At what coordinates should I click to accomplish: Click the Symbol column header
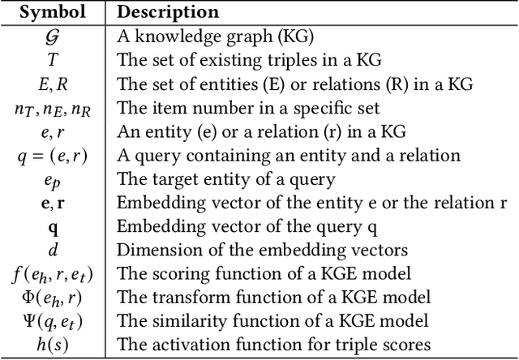(x=53, y=13)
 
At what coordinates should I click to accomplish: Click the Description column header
(x=168, y=13)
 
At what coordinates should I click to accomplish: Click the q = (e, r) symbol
(x=54, y=156)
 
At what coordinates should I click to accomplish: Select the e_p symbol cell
(x=54, y=179)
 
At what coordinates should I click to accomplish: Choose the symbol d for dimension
(x=54, y=247)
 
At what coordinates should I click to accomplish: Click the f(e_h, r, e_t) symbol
(x=54, y=272)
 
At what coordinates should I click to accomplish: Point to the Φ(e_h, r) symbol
(x=54, y=295)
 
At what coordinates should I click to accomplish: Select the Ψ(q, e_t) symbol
(x=54, y=319)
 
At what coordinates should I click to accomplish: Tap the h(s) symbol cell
(x=54, y=342)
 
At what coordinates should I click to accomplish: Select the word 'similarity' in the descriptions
(x=180, y=319)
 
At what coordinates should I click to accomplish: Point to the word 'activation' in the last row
(x=180, y=342)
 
